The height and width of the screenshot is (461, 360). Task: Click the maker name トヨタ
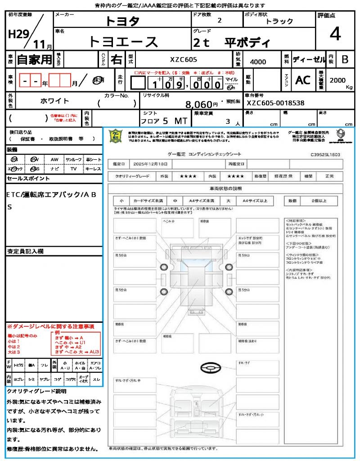pyautogui.click(x=123, y=21)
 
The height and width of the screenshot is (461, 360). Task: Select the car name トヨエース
pyautogui.click(x=123, y=42)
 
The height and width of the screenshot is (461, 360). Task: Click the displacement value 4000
pyautogui.click(x=258, y=62)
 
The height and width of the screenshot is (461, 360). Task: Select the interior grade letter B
pyautogui.click(x=345, y=59)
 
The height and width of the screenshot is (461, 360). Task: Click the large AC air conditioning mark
pyautogui.click(x=303, y=80)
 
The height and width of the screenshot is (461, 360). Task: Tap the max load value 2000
pyautogui.click(x=338, y=80)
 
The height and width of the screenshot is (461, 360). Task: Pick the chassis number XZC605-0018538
pyautogui.click(x=275, y=103)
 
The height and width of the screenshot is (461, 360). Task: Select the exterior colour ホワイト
pyautogui.click(x=55, y=101)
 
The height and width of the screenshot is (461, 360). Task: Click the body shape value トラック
pyautogui.click(x=279, y=21)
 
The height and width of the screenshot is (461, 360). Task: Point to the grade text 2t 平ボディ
pyautogui.click(x=232, y=43)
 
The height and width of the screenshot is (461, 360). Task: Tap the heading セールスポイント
pyautogui.click(x=28, y=179)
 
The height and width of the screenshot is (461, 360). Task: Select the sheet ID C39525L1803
pyautogui.click(x=325, y=154)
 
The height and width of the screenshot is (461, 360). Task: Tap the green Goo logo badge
pyautogui.click(x=116, y=136)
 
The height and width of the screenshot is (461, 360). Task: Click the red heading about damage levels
pyautogui.click(x=50, y=326)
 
